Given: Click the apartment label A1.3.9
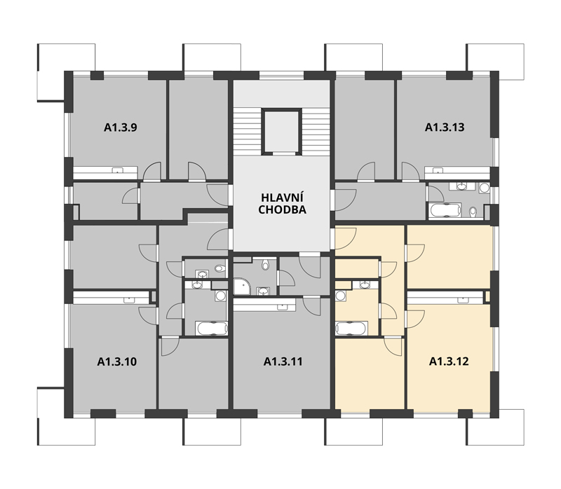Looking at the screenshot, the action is coord(120,128).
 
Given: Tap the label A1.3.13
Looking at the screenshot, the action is coord(445,128).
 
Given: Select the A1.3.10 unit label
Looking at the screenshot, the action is coord(116,361).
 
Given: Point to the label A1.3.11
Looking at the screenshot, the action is coord(283,361).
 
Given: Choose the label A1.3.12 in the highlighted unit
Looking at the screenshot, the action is coord(449,361).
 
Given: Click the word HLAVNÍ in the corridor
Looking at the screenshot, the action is coord(283,198).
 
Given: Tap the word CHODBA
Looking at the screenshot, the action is coord(283,210).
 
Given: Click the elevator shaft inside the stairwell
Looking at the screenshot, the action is coord(281,131).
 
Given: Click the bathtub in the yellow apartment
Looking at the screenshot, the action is coord(351,328).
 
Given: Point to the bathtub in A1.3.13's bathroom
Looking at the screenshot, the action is coord(445,210).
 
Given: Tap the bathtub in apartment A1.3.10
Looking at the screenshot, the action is coord(212,328).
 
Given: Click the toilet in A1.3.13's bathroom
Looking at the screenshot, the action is coord(473,212).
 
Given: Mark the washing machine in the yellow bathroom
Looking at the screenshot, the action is coord(340,296).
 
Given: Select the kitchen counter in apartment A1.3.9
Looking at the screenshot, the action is coord(105,172).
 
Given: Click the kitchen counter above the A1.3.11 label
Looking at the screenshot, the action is coord(265,305).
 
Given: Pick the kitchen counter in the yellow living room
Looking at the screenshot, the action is coord(445,298).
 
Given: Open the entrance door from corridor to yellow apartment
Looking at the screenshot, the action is coord(346,238).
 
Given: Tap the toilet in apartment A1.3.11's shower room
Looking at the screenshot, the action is coord(265,265).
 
